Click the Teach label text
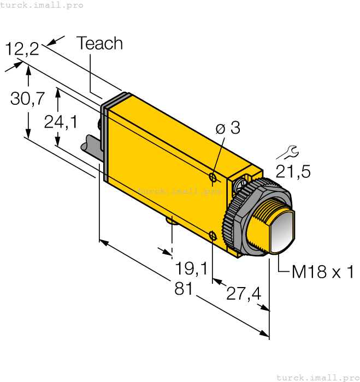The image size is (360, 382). coord(99,44)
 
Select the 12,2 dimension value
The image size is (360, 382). coord(22,49)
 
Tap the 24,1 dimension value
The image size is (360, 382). coord(61,122)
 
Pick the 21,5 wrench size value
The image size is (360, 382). coord(293,172)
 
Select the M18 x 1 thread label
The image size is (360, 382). coord(323,271)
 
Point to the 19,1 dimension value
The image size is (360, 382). coord(191,268)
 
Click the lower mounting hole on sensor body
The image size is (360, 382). coord(213,235)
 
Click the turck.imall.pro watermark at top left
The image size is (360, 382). coord(42,5)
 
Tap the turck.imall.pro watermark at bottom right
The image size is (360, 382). coord(317,377)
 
